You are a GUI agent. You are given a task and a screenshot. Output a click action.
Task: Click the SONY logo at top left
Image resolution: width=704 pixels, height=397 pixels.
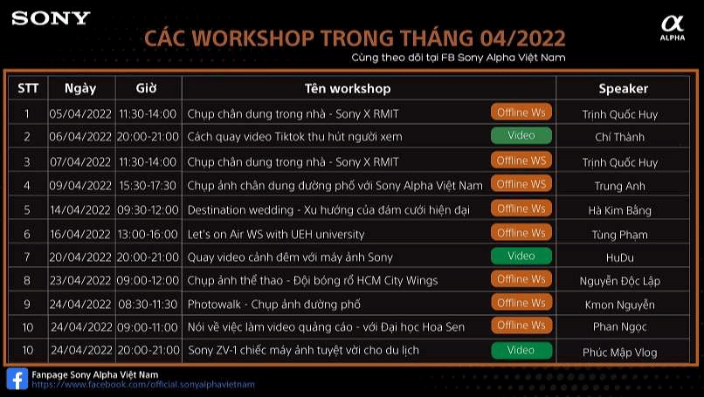(x=52, y=17)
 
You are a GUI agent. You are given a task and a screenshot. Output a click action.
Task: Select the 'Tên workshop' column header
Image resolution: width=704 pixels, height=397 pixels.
(x=348, y=88)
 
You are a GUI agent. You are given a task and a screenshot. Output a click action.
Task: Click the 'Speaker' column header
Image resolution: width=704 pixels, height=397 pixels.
(x=623, y=88)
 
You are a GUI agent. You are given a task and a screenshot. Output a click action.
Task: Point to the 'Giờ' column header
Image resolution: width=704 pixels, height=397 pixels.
(x=146, y=88)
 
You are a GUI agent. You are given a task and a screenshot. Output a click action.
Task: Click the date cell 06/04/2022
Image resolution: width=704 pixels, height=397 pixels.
(x=80, y=137)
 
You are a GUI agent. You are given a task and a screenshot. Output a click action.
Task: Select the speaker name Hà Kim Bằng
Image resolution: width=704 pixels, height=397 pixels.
(x=620, y=209)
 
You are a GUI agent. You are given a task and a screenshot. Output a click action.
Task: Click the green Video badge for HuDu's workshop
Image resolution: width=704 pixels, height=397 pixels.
(x=521, y=256)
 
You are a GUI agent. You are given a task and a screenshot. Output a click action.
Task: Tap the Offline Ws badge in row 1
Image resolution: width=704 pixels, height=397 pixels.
(x=521, y=113)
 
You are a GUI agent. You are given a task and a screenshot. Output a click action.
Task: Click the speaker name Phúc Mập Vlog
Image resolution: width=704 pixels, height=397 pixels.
(x=620, y=352)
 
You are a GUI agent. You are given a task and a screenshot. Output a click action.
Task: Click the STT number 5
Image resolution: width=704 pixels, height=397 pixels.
(x=27, y=209)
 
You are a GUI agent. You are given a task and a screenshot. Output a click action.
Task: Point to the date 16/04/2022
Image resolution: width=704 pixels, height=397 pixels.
(x=80, y=234)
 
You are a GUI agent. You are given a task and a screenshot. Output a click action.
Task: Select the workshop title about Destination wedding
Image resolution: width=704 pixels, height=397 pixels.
(x=328, y=209)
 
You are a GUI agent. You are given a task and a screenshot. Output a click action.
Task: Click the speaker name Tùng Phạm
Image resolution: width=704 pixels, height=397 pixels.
(x=620, y=234)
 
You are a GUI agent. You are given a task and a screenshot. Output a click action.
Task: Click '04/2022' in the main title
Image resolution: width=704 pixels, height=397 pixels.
(x=522, y=39)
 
